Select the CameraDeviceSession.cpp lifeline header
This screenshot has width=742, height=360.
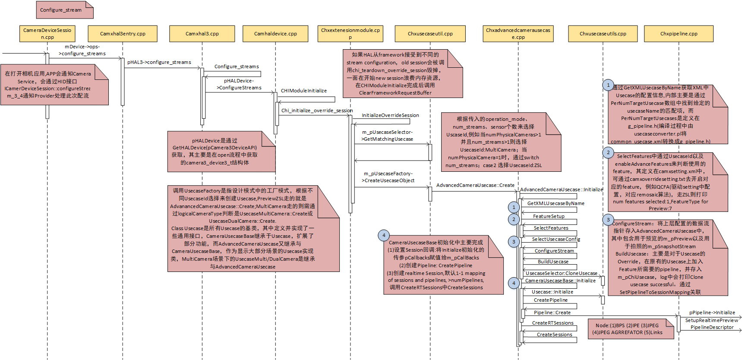[x=47, y=34]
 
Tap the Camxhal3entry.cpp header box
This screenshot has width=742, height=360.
[x=123, y=34]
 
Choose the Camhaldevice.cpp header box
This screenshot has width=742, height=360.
[x=275, y=34]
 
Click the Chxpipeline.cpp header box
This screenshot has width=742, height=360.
[x=679, y=34]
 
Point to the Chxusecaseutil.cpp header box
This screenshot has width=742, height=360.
[x=430, y=34]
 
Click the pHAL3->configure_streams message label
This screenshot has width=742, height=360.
[x=159, y=62]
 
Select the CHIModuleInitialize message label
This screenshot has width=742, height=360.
[x=304, y=91]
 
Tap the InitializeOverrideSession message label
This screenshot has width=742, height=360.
[x=390, y=115]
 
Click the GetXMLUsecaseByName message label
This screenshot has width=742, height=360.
[x=556, y=203]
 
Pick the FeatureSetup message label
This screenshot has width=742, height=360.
[x=549, y=216]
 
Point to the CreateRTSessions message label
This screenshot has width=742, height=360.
[x=553, y=323]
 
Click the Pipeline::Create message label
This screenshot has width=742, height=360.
[x=552, y=313]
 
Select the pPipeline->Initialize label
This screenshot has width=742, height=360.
[x=712, y=313]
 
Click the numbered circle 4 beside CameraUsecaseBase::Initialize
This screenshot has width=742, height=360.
[x=514, y=283]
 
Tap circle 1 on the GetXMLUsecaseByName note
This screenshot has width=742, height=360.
[x=608, y=85]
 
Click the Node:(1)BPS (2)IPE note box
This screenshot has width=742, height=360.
[x=631, y=329]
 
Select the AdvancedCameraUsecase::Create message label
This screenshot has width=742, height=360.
[x=475, y=185]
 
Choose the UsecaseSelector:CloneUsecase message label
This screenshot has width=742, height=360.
[x=561, y=273]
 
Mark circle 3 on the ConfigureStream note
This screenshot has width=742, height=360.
[x=608, y=220]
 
